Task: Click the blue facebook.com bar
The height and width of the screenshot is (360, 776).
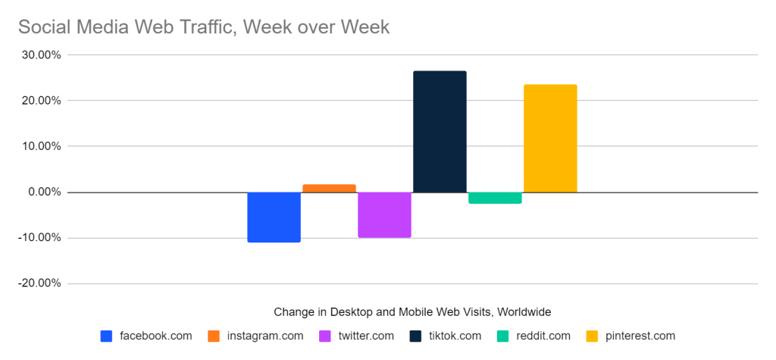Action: click(274, 217)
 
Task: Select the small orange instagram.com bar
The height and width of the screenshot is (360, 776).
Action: click(329, 188)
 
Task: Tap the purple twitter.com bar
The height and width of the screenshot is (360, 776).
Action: click(384, 214)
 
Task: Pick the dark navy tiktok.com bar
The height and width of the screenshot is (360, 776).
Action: click(440, 132)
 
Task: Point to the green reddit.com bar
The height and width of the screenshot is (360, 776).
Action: click(495, 198)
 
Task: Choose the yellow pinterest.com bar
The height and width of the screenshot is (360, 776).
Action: click(550, 138)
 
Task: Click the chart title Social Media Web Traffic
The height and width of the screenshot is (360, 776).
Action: click(203, 27)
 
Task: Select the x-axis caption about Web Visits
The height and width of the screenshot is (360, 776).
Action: click(412, 311)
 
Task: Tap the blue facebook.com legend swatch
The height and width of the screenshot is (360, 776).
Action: click(106, 336)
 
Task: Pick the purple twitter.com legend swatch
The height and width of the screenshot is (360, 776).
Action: click(325, 336)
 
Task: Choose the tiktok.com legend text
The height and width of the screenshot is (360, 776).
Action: click(455, 336)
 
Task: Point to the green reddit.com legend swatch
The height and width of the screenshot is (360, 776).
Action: click(503, 336)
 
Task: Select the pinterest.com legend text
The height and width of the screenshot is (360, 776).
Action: click(640, 336)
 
